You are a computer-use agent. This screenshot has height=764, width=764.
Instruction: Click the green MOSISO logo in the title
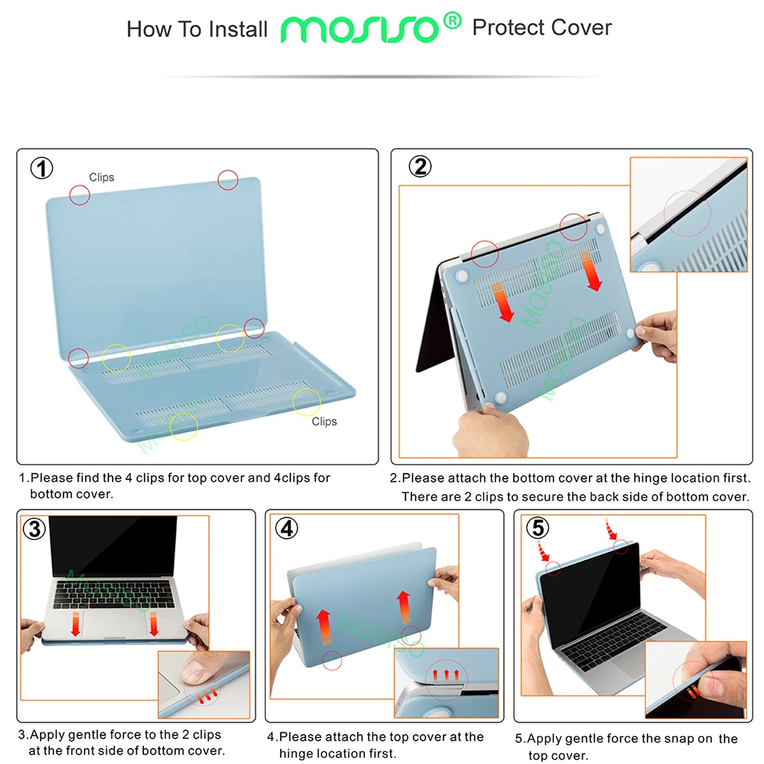coord(360,30)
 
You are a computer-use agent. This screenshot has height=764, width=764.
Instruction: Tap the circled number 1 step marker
coord(42,169)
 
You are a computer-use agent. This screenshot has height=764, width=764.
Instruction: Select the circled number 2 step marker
coord(420,167)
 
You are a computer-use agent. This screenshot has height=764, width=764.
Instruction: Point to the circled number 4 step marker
coord(287,528)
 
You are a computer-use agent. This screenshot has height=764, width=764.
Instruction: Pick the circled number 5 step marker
coord(538,528)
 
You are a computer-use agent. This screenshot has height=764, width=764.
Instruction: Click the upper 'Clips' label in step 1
coord(102,177)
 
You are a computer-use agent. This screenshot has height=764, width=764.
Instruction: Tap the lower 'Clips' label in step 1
coord(324,421)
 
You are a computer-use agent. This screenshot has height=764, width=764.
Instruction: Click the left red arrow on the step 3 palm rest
coord(76,624)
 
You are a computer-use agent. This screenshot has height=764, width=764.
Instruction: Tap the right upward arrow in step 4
coord(404,608)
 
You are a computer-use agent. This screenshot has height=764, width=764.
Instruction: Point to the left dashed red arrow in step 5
coord(543,551)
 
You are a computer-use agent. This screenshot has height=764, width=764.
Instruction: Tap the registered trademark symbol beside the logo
coord(452,21)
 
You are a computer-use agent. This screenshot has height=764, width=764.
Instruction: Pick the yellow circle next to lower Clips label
coord(307,402)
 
